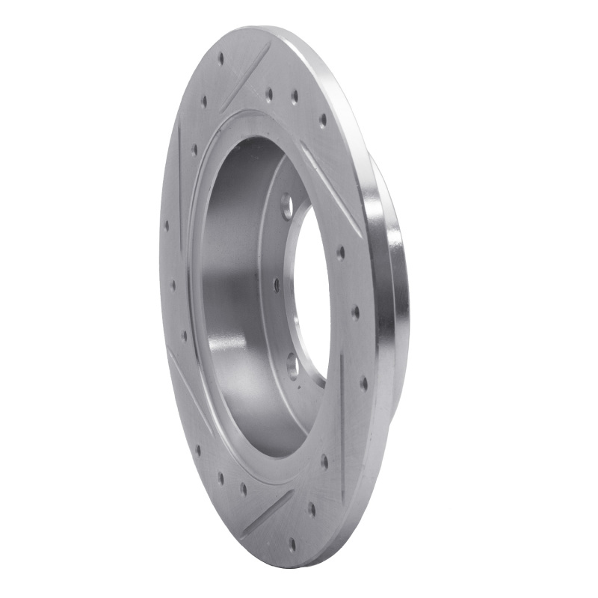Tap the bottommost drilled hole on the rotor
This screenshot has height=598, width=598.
tap(292, 544)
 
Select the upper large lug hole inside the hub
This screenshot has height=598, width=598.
tap(286, 206)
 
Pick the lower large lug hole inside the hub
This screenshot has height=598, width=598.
tap(292, 364)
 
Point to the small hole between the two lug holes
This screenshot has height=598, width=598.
tap(277, 285)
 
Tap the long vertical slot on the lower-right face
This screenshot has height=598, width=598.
tap(342, 426)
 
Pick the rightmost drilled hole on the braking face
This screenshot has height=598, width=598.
tap(363, 383)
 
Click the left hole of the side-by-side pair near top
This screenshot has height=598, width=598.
tap(269, 93)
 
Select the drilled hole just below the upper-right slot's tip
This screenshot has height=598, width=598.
tap(341, 253)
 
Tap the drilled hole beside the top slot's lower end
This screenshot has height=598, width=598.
tap(204, 102)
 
